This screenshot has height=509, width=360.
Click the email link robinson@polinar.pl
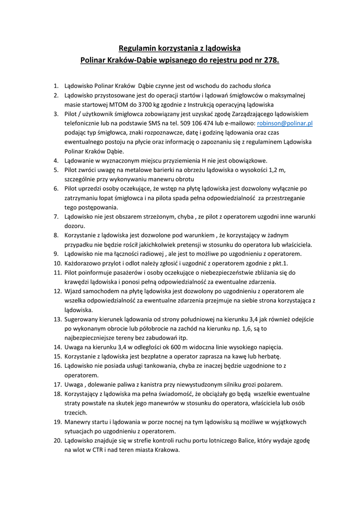tap(284, 123)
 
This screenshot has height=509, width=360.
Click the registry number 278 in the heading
tap(270, 61)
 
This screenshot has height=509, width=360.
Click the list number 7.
tap(56, 217)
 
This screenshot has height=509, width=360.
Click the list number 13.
tap(57, 319)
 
